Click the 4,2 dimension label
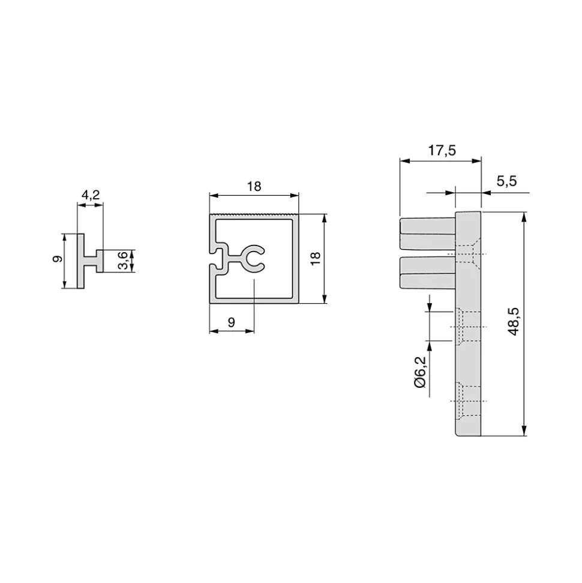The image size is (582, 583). pos(90,195)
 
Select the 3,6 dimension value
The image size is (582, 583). pos(122,261)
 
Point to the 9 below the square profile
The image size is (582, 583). pos(232,322)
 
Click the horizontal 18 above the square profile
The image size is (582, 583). pos(254,187)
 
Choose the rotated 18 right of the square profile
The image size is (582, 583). pos(316,259)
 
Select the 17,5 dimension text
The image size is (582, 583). pos(442,151)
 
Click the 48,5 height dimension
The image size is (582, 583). pos(514,322)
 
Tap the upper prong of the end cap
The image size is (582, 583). pos(426,234)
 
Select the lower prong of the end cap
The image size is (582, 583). pos(426,272)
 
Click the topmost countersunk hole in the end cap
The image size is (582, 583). pos(467,255)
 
